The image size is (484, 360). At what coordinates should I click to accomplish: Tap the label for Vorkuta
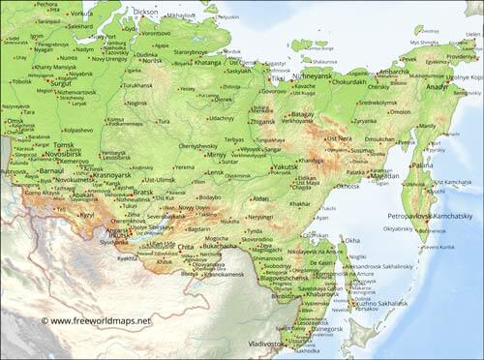pos(80,15)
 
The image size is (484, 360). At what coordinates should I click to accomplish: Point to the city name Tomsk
pos(65,145)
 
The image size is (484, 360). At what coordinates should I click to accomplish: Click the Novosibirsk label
pos(62,154)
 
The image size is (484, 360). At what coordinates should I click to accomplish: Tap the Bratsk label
pos(143,192)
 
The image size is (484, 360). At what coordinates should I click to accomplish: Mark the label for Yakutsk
pos(286,166)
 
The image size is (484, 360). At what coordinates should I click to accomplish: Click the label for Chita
pos(186,247)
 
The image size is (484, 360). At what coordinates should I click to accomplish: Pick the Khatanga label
pos(207,62)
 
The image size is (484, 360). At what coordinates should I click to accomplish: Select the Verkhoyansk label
pos(295,121)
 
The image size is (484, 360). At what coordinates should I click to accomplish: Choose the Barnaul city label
pos(50,170)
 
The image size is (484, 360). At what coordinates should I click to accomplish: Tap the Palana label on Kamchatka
pos(422,165)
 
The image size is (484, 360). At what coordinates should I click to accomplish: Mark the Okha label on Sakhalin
pos(352,240)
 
